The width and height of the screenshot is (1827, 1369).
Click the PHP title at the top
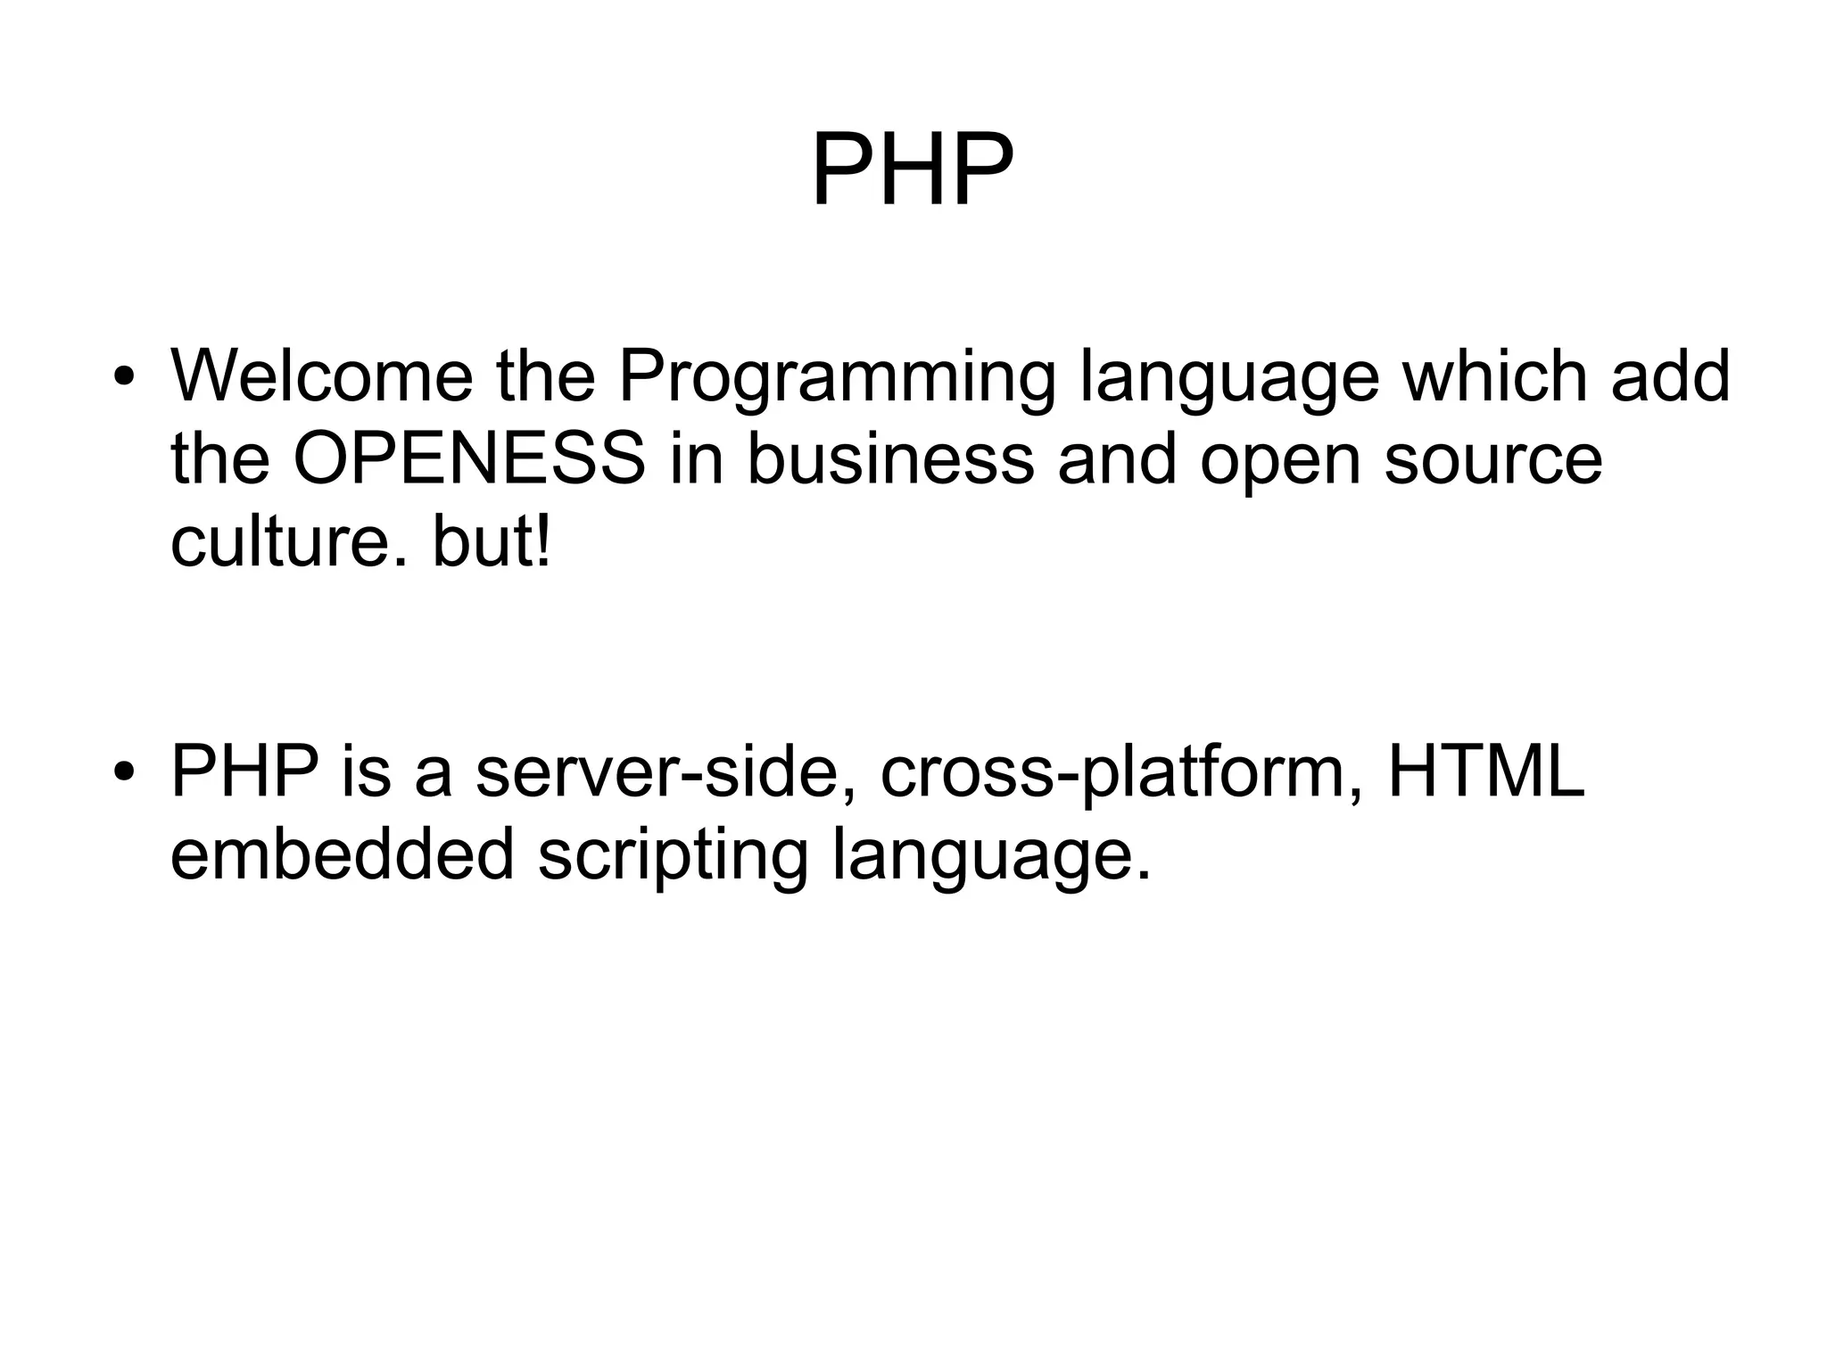click(913, 169)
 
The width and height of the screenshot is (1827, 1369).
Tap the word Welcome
click(322, 375)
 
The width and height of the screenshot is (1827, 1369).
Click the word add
click(1671, 375)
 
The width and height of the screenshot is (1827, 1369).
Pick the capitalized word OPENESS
click(469, 459)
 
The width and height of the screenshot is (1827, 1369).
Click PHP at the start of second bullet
click(245, 771)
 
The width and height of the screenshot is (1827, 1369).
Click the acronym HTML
click(1486, 771)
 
